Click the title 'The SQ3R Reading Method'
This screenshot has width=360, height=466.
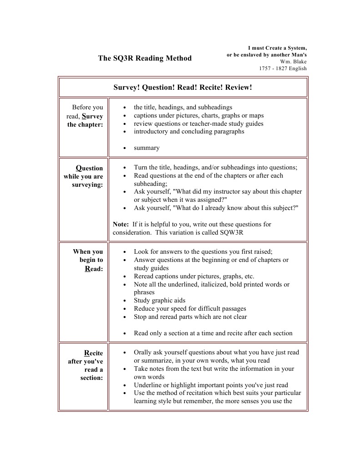145,58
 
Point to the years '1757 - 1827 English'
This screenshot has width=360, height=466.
283,69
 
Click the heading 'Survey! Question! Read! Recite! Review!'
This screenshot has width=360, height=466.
183,87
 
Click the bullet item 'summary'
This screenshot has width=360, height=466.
147,148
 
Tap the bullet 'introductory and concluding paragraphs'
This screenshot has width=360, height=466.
189,132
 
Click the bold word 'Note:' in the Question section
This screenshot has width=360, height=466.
121,225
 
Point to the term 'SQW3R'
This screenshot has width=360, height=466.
233,233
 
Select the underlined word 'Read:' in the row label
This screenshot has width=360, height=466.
94,269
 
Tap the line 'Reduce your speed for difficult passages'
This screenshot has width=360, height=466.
190,309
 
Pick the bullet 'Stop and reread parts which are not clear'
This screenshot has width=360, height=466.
190,317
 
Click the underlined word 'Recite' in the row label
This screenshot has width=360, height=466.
94,353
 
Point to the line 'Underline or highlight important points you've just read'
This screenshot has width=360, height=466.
211,385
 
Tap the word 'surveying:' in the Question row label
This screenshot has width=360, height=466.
87,185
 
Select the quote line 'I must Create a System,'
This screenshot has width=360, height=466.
277,48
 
